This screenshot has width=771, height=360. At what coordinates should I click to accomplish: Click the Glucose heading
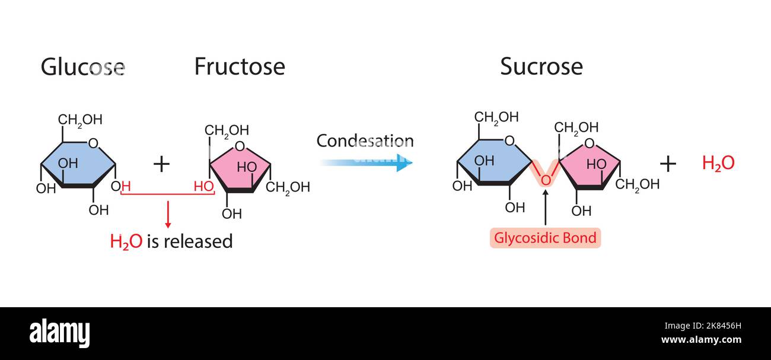click(82, 67)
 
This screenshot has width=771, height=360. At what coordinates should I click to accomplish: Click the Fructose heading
click(240, 67)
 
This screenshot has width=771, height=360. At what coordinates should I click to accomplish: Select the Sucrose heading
click(541, 67)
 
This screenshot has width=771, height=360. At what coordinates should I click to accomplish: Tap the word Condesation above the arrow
click(365, 141)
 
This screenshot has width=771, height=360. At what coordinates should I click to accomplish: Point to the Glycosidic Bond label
click(545, 238)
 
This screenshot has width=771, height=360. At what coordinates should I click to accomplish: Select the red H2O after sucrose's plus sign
click(718, 164)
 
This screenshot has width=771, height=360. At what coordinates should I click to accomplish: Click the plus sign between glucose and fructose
click(161, 164)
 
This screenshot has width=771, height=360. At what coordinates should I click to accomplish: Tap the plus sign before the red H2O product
click(668, 164)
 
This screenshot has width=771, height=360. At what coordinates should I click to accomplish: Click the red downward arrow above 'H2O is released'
click(168, 214)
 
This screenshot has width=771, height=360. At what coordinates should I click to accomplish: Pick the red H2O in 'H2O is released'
click(126, 242)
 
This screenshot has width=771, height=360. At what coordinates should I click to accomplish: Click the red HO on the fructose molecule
click(203, 186)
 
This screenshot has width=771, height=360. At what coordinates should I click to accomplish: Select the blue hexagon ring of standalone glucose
click(77, 163)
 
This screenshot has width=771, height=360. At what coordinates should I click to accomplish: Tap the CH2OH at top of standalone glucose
click(80, 120)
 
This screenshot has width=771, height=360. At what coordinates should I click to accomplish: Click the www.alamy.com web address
click(701, 340)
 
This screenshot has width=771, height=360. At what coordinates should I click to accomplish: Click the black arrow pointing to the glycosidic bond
click(545, 207)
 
